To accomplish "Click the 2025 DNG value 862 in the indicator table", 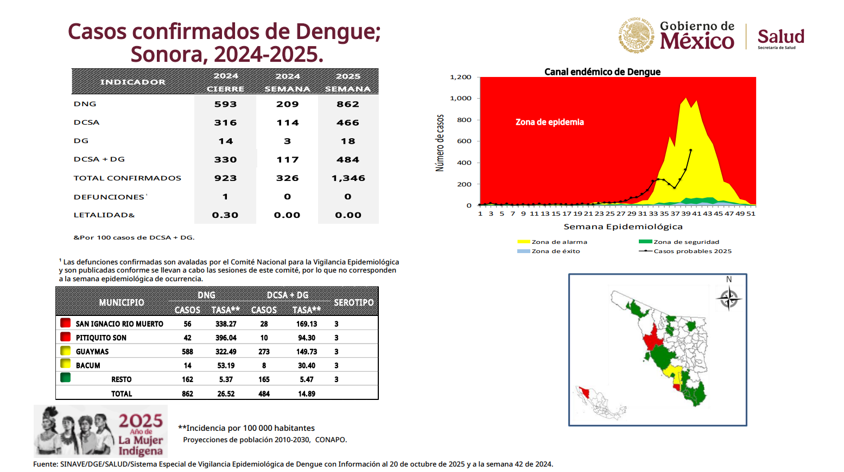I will [347, 104].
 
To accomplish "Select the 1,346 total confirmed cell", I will [348, 178].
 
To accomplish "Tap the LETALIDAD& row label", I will [104, 215].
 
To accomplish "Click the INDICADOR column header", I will [132, 82].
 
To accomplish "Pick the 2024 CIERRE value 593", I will [225, 104].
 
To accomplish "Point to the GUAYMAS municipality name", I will [92, 352].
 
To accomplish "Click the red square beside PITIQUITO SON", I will [66, 337].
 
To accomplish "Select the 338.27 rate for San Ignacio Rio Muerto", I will [226, 324].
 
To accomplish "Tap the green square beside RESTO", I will [66, 378].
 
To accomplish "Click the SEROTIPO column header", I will [353, 302].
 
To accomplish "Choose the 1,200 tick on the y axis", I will [461, 77].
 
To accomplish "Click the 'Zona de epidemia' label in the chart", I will [549, 122].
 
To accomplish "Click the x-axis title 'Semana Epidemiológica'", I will [623, 227].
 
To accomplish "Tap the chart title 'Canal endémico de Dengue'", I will [602, 72].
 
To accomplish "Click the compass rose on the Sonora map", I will [728, 298].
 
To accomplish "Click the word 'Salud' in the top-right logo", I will [780, 37].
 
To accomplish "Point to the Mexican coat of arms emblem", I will [637, 35].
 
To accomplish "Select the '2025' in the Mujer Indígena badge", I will [141, 421].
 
